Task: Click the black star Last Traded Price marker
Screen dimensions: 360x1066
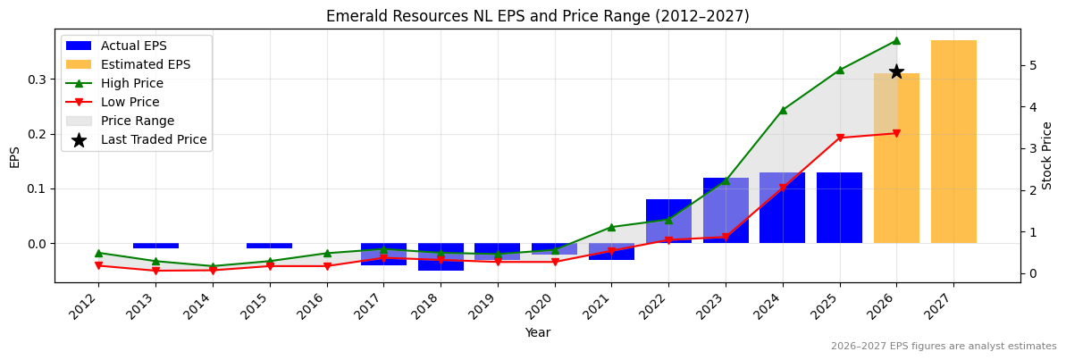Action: click(x=896, y=71)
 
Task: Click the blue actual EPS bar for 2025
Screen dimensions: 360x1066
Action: click(x=839, y=207)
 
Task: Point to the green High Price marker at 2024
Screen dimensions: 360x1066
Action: click(x=783, y=110)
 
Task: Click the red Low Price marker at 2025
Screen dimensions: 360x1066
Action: click(x=840, y=138)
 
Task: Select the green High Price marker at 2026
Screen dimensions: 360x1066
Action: click(x=896, y=40)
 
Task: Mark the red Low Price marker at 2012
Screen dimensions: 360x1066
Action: click(x=98, y=265)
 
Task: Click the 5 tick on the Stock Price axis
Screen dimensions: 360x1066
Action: click(x=1032, y=65)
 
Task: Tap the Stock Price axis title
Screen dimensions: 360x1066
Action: click(x=1047, y=155)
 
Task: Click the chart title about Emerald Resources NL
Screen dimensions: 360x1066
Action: click(x=537, y=16)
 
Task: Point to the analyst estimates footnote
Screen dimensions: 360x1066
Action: click(x=943, y=347)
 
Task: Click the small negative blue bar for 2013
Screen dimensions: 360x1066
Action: click(x=155, y=246)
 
